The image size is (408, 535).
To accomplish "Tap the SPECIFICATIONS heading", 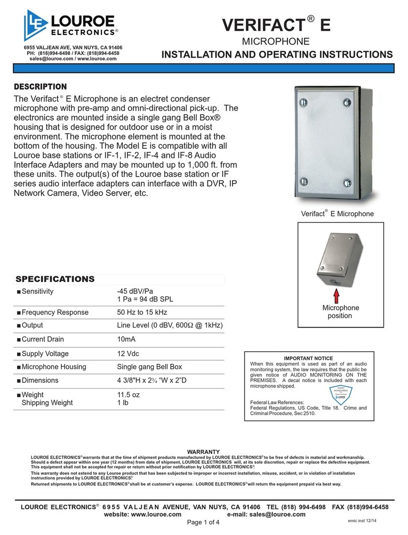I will click(x=55, y=279).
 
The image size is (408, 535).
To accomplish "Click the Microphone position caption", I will click(x=341, y=312).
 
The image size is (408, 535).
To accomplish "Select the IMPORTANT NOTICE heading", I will click(x=309, y=358).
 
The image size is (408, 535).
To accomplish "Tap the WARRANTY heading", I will click(x=203, y=451).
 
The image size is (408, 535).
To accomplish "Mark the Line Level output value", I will click(x=170, y=326).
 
